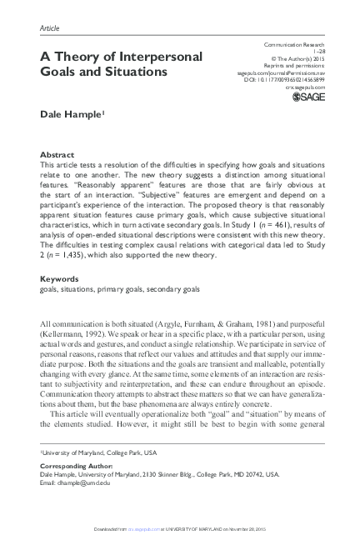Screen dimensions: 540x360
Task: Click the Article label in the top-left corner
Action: click(51, 28)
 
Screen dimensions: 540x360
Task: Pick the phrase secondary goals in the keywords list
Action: click(173, 290)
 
